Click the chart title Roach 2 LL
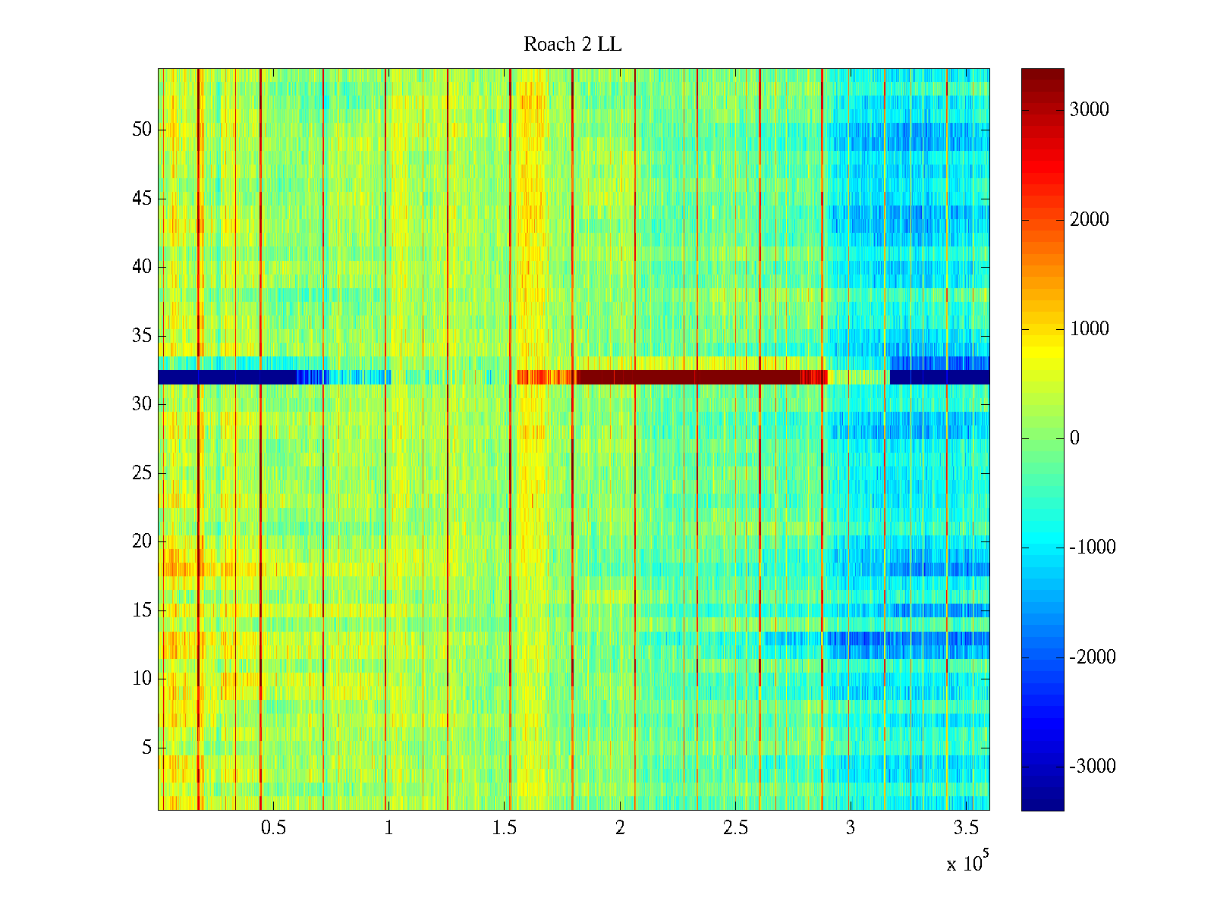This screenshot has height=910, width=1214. point(572,45)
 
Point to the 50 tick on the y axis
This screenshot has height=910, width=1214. point(142,130)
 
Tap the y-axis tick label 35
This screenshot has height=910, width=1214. point(142,336)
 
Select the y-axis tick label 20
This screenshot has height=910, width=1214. point(142,541)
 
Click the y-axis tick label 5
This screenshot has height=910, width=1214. point(146,748)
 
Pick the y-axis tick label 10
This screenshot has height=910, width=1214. point(142,679)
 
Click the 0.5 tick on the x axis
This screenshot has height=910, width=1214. point(273,827)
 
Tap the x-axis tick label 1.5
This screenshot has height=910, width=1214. point(504,827)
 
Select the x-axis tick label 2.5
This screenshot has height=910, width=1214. point(735,827)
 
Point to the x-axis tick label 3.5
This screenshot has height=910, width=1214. point(966,827)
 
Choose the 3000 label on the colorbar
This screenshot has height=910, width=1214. point(1089,110)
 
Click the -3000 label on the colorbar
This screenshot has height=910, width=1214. point(1092,767)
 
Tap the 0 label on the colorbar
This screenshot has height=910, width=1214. point(1074,438)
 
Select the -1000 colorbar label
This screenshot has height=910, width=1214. point(1092,548)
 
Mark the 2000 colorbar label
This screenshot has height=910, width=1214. point(1089,220)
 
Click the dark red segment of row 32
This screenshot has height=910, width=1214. point(690,377)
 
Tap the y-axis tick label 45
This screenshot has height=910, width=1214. point(142,199)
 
